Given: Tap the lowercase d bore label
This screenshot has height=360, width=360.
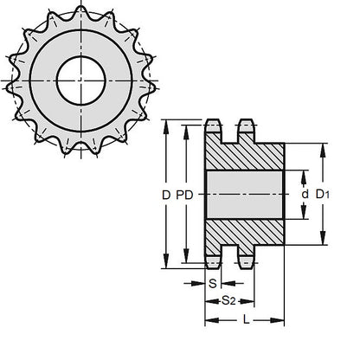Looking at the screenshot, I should coord(304,196).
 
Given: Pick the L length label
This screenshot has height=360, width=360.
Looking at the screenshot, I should coord(247,320).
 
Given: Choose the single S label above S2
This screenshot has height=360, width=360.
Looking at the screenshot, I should coord(213,283).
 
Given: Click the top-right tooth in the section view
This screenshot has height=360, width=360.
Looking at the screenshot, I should coord(244,131).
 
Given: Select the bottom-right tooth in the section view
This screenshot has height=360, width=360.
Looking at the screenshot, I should coord(244,259).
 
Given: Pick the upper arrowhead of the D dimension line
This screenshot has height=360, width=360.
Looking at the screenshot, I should coord(166,120).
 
